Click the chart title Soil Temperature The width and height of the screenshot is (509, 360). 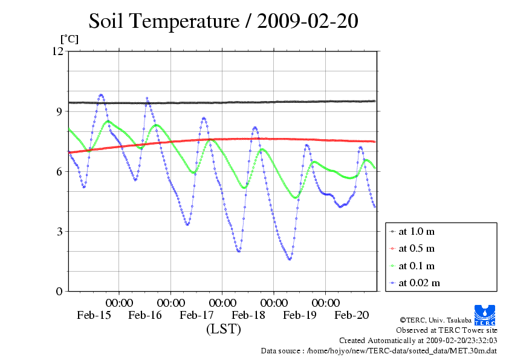point(164,21)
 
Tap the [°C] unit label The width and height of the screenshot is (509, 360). point(70,39)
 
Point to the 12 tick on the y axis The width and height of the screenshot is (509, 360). point(58,51)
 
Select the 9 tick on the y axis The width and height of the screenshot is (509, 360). point(59,111)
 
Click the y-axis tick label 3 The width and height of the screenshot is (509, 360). point(59,232)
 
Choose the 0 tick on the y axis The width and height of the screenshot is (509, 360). point(59,292)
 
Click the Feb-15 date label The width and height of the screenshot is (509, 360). point(94,315)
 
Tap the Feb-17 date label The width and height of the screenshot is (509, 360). point(196,315)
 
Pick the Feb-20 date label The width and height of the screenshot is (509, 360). point(352,315)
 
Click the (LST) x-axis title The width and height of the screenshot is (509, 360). point(224,329)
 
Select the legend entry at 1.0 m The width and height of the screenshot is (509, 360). point(412,231)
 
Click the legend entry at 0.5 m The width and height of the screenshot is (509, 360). point(412,249)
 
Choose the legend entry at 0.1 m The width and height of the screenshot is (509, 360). point(412,266)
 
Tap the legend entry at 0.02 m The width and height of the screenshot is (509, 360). point(415,283)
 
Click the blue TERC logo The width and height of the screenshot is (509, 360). point(485,315)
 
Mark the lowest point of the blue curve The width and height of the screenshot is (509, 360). point(290,260)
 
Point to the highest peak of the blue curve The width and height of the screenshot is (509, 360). point(101,95)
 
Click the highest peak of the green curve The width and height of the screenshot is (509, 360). point(108,121)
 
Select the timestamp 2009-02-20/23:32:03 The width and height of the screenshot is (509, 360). point(461,341)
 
